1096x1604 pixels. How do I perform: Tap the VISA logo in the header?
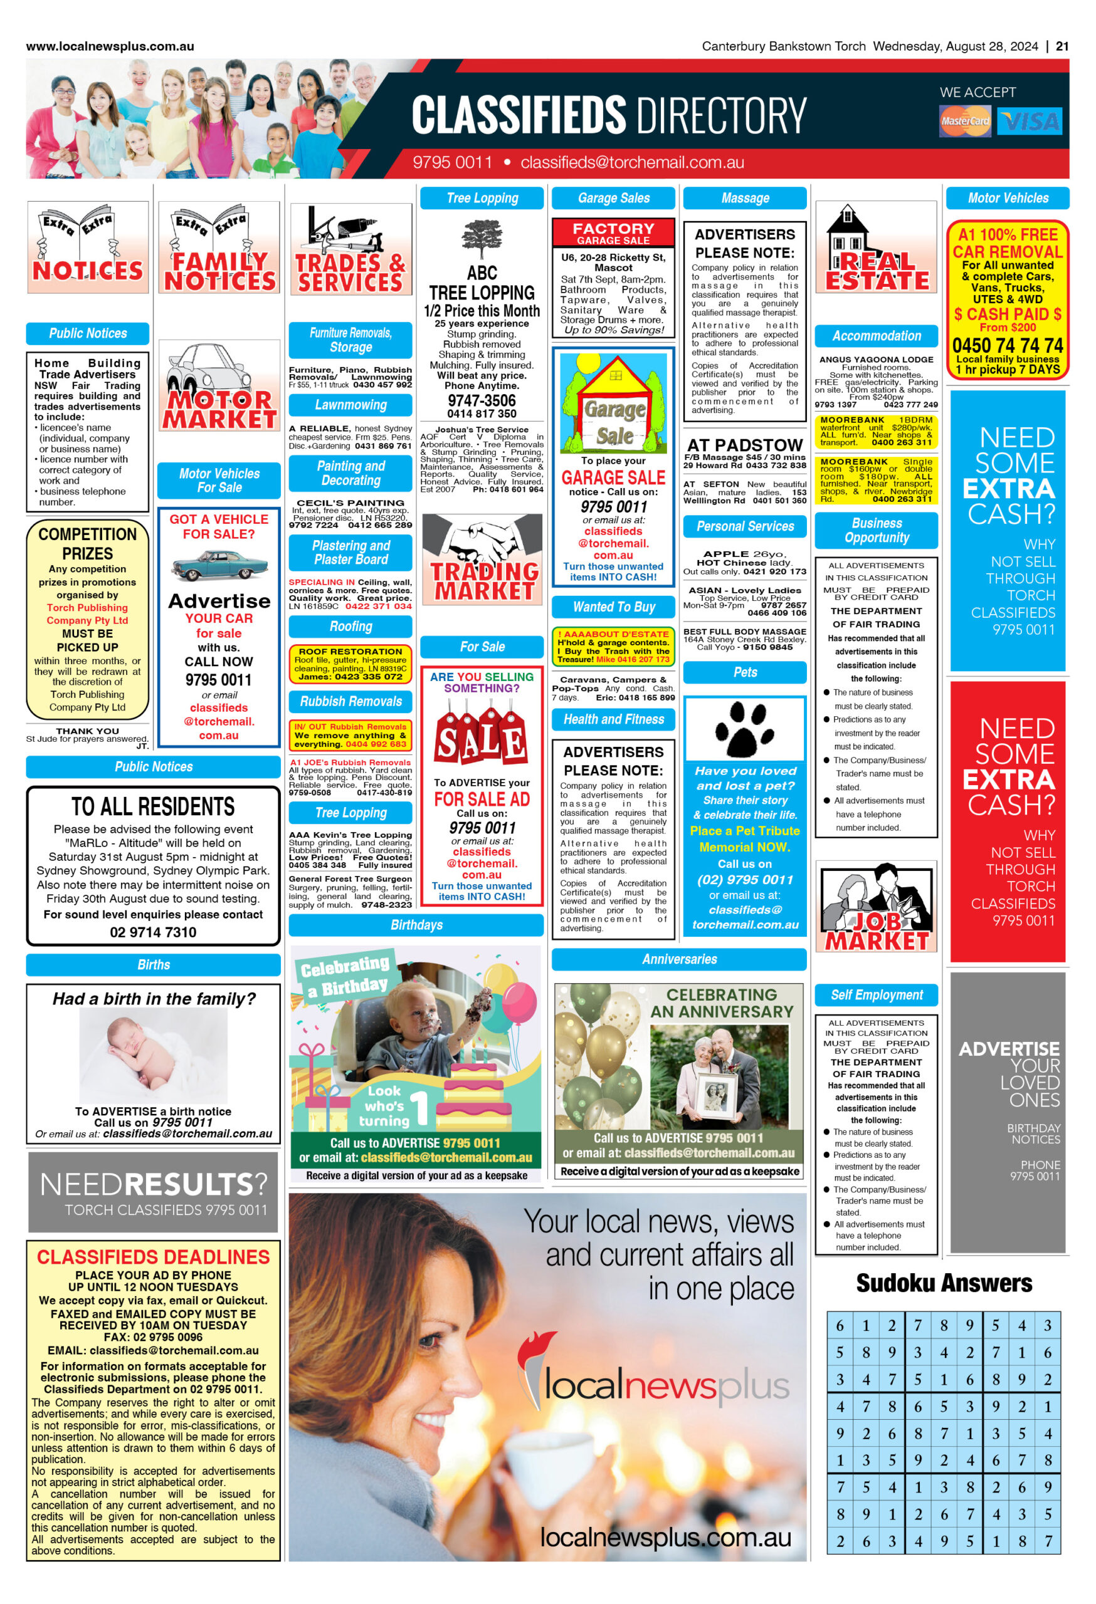tap(1031, 122)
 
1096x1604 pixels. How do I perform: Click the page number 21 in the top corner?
tap(1062, 46)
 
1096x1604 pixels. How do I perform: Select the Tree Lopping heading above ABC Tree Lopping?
tap(482, 198)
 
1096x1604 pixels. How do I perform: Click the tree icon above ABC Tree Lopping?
tap(482, 239)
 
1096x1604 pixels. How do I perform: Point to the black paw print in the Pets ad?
tap(744, 729)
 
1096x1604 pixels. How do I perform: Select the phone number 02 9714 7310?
tap(154, 932)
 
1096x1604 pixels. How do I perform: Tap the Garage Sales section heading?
tap(613, 198)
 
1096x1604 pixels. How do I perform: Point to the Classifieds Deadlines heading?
tap(154, 1257)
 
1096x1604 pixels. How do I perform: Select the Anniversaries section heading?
tap(679, 959)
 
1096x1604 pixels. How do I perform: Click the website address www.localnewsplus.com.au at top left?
tap(110, 46)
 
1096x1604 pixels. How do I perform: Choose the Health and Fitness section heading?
tap(613, 719)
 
